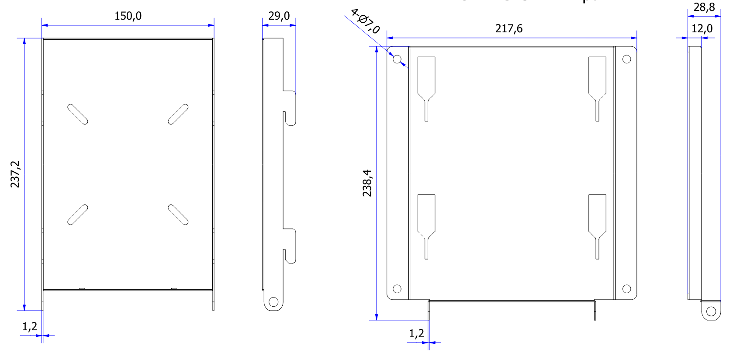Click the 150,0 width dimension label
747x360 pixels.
128,16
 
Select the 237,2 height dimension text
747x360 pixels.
15,174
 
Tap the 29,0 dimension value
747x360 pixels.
279,16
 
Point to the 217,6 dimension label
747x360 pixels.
509,29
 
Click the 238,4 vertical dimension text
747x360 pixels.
367,183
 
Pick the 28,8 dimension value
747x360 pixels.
704,7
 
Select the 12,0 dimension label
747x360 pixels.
702,29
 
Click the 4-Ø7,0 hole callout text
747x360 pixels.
365,21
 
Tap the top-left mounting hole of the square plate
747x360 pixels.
397,59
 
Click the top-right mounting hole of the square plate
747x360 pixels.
626,59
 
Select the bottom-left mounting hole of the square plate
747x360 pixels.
397,289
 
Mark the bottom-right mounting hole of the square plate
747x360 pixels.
626,289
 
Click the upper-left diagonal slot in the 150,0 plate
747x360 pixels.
78,114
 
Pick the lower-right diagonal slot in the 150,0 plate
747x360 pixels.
178,215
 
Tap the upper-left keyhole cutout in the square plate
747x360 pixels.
426,83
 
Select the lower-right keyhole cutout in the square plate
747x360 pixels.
597,221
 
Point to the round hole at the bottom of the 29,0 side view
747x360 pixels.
273,302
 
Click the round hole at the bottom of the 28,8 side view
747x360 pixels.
711,311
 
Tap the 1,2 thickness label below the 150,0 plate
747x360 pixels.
30,326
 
